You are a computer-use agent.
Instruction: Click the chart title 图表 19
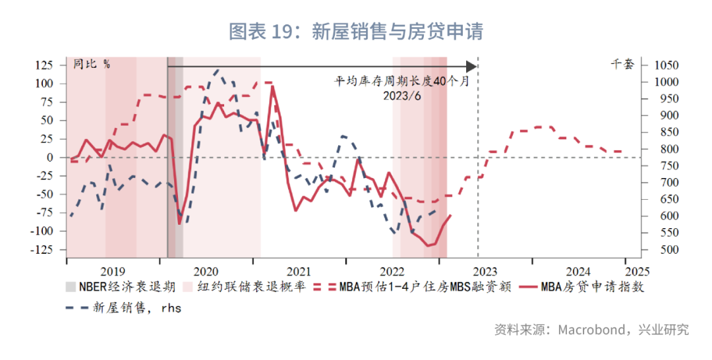pos(356,32)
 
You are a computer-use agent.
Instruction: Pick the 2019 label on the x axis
pos(113,271)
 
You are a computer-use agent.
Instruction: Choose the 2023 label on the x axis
pos(485,271)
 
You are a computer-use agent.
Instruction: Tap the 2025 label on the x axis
pos(637,271)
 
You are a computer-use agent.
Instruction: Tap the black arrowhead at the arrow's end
pos(471,66)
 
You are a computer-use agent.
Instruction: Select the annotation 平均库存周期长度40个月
pos(401,81)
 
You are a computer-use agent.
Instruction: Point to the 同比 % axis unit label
pos(92,64)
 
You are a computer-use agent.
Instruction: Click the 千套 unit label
pos(622,64)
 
